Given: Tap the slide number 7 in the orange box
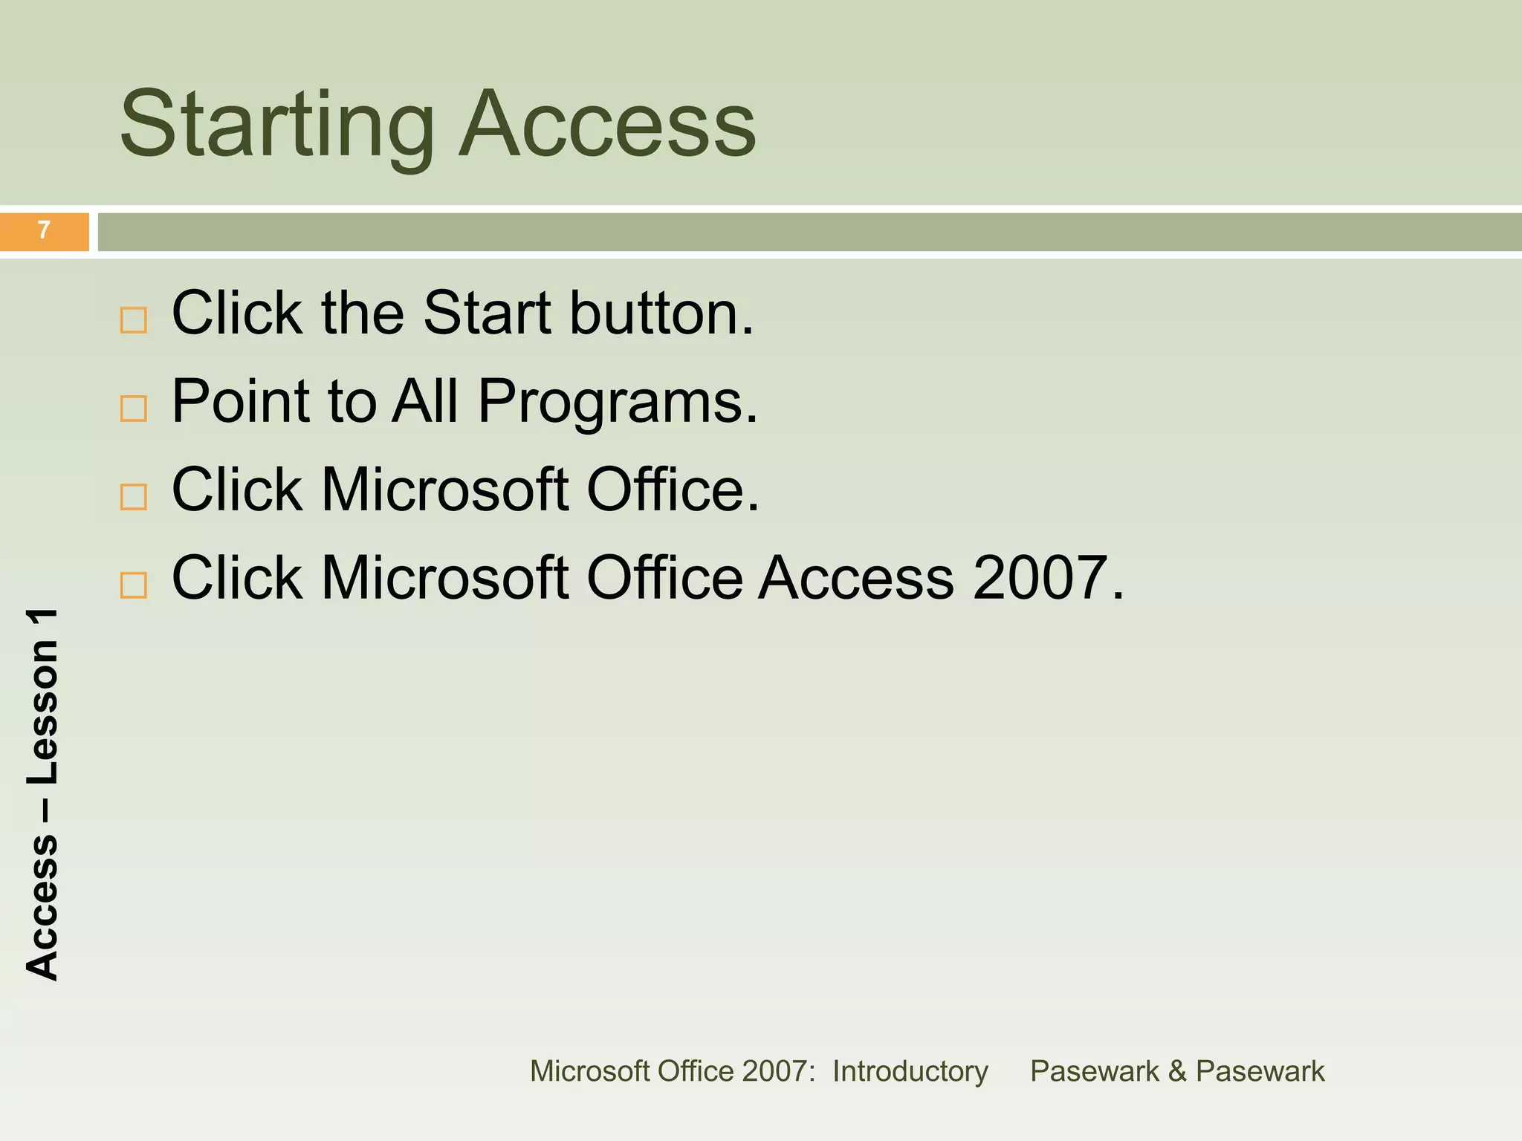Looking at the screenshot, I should [x=44, y=230].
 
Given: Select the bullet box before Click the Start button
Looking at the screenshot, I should [x=134, y=320].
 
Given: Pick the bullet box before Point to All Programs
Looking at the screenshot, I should [x=134, y=408].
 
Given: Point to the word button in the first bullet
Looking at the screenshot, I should [x=661, y=313].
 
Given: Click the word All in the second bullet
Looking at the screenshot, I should [x=425, y=402].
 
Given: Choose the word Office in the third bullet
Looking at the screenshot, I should [x=673, y=490].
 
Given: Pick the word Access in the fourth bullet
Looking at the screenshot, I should [x=856, y=578].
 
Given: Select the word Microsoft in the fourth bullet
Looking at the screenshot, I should [x=444, y=578].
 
